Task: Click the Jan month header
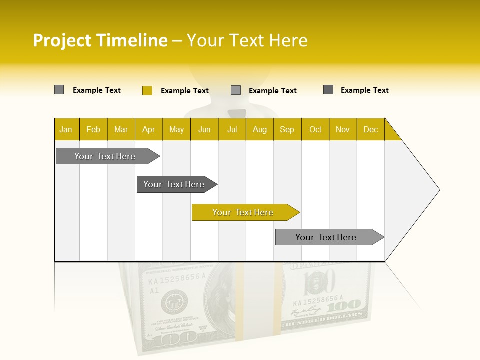pos(66,130)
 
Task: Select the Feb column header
pos(93,130)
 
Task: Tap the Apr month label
pos(148,130)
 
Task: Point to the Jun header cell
pos(204,130)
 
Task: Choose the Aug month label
pos(259,130)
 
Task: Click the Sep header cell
pos(287,130)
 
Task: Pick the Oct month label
pos(315,130)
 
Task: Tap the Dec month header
pos(370,130)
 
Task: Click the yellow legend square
pos(147,90)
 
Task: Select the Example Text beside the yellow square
pos(185,91)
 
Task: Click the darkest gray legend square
pos(328,90)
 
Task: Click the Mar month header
pos(121,130)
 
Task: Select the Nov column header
pos(343,130)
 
